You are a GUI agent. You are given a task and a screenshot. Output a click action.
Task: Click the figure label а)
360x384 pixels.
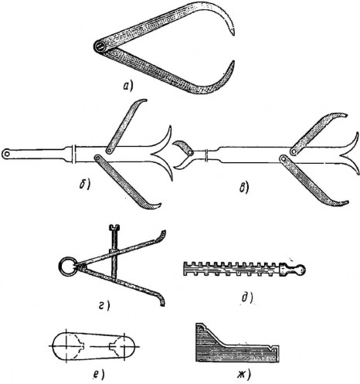tap(127, 87)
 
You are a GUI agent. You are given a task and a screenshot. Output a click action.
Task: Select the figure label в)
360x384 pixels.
tap(244, 188)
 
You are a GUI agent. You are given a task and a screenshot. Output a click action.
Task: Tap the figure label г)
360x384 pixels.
tap(104, 306)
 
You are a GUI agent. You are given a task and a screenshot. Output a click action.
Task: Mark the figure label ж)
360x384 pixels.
tap(243, 375)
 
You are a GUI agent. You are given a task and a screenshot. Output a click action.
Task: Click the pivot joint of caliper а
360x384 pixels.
tap(100, 47)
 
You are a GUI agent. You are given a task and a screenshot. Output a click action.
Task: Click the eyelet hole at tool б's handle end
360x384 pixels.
tap(6, 154)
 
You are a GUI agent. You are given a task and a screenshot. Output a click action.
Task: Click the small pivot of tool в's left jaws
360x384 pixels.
tap(190, 153)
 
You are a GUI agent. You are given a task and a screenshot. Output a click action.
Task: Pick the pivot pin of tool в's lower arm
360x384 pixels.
tap(284, 158)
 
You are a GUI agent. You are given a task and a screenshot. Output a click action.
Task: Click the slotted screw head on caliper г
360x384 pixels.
tap(115, 227)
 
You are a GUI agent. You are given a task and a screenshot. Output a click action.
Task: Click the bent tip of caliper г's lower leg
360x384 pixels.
tap(162, 302)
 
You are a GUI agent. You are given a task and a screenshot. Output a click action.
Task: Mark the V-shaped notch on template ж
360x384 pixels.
tap(270, 348)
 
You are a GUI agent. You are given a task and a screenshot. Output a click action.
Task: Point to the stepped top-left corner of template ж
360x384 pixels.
tap(199, 327)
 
